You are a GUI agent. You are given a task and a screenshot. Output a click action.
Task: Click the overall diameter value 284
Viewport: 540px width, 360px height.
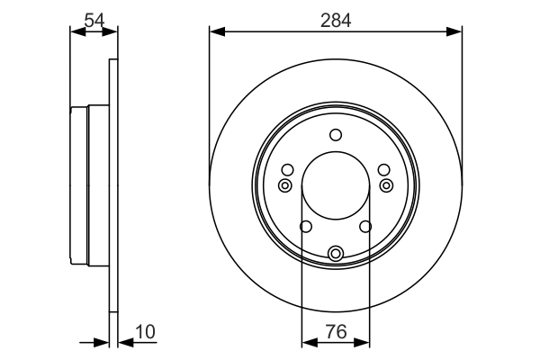point(336,18)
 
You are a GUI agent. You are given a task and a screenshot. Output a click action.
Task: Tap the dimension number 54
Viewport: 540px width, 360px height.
point(94,18)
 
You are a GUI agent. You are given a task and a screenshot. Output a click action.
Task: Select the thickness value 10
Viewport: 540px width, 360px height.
point(145,332)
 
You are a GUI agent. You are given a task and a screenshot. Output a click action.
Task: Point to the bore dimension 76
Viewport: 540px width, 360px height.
point(336,332)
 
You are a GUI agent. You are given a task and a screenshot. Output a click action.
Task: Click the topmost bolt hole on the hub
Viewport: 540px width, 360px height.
point(336,135)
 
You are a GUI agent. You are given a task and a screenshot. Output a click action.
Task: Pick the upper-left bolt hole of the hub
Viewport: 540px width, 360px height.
point(287,170)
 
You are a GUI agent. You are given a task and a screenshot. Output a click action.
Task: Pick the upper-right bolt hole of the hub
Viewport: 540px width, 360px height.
point(384,170)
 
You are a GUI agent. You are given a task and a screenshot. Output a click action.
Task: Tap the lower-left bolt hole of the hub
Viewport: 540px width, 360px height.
point(305,227)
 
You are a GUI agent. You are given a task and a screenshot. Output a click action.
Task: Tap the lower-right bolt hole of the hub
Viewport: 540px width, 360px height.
point(366,227)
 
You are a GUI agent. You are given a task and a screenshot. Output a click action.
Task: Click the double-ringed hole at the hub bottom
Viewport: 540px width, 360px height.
point(336,254)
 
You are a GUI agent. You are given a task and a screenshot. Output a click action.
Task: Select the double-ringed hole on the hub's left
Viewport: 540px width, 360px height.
point(284,185)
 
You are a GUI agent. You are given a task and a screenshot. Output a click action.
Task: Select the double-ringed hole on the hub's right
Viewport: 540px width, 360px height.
point(387,185)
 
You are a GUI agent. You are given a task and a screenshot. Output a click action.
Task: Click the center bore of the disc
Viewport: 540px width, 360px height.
point(336,187)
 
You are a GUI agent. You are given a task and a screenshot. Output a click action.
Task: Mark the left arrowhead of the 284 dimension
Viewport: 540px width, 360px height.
point(214,31)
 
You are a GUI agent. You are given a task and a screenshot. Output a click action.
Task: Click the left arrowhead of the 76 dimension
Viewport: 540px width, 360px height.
point(306,342)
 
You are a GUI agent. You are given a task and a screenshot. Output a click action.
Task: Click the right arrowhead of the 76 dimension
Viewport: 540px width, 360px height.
point(365,342)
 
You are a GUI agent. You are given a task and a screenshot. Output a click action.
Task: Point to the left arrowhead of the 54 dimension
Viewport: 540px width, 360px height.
point(75,31)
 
